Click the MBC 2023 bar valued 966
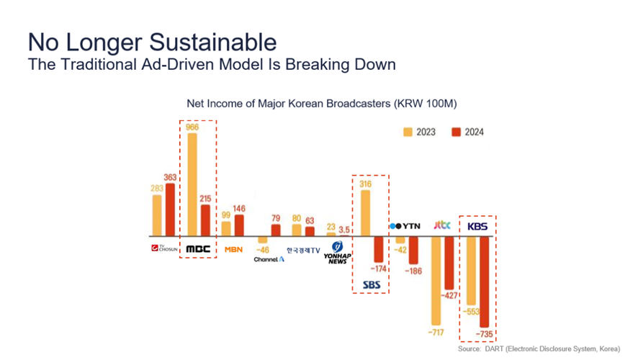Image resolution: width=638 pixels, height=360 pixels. point(192,184)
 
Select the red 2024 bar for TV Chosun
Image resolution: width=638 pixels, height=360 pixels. point(170,209)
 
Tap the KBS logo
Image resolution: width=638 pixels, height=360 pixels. point(477,226)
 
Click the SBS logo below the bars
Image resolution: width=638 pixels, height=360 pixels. point(371,284)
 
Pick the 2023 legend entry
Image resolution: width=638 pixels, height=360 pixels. point(421,132)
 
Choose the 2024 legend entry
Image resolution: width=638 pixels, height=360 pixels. point(467,132)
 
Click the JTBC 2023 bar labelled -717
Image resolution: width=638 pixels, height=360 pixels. point(436,280)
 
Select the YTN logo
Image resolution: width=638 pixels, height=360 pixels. point(405,226)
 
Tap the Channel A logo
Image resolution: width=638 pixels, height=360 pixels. point(269,259)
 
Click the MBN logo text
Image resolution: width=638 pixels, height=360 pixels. point(233,249)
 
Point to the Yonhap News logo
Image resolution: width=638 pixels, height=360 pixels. point(336,253)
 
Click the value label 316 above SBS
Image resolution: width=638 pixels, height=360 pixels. point(365,184)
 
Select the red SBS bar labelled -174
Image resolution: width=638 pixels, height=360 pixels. point(379,249)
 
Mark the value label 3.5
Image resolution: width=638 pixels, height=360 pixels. point(345,230)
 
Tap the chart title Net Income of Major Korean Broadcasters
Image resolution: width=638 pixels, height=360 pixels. point(321,104)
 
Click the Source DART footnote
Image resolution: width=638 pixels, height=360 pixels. point(539,349)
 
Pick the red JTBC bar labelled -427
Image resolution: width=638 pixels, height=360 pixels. point(449,263)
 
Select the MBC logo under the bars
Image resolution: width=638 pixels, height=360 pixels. point(198,249)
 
